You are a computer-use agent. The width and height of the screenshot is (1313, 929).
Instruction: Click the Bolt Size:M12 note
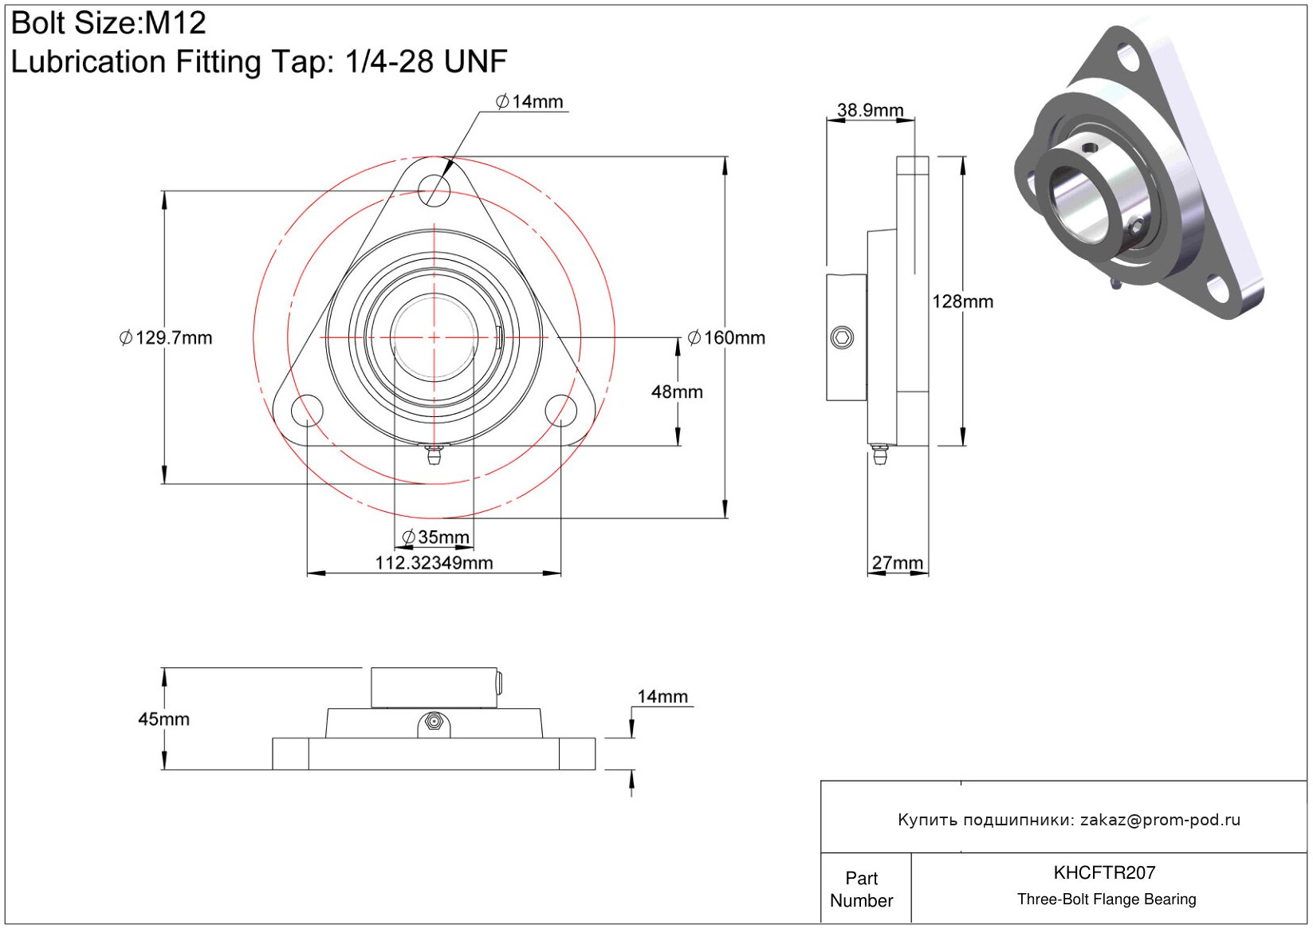pos(108,23)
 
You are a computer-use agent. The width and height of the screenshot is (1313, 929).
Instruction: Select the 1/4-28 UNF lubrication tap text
pos(426,61)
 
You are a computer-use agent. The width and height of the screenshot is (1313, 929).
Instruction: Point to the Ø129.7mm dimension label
pos(166,338)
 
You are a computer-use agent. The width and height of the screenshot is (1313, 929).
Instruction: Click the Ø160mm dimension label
pos(726,338)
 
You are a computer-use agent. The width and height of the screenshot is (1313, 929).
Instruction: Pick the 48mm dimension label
pos(677,392)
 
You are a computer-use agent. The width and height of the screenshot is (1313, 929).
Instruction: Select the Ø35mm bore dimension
pos(436,537)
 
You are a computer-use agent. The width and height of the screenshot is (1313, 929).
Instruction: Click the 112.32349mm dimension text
pos(434,563)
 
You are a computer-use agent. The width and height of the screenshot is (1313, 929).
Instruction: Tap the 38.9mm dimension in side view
pos(870,110)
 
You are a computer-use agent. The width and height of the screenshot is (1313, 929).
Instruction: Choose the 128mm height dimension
pos(962,302)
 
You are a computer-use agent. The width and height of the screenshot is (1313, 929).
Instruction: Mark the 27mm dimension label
pos(897,563)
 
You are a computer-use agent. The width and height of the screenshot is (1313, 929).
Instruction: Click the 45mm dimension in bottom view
pos(163,719)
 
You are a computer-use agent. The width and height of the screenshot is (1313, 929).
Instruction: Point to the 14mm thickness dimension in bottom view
pos(662,697)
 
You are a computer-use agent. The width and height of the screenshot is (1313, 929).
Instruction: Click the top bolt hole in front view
pos(434,190)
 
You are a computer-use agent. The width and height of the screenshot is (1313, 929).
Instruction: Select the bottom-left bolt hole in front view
pos(307,411)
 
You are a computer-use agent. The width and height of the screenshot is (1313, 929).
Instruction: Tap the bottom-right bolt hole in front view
pos(560,411)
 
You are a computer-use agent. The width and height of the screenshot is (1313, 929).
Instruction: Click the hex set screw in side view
pos(842,337)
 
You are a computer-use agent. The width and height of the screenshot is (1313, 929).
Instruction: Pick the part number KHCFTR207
pos(1104,872)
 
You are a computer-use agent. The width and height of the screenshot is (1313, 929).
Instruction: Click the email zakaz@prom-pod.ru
pos(1160,820)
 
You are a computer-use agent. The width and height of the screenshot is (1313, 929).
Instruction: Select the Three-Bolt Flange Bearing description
pos(1106,899)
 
